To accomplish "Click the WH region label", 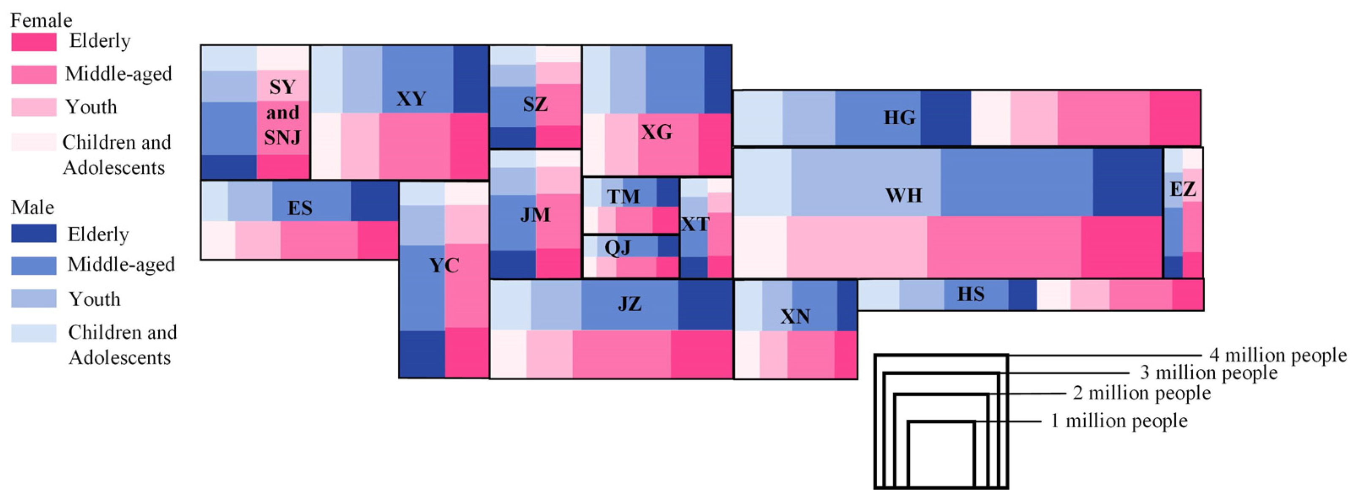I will point(903,195).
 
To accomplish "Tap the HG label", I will point(899,117).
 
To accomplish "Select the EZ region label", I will point(1183,188).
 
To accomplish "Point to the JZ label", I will point(629,304).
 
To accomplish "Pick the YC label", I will point(444,265).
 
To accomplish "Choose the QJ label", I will point(617,247).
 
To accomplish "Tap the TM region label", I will point(623,197).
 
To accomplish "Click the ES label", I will point(300,208).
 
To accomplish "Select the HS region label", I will point(970,294).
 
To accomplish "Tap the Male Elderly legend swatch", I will point(34,233).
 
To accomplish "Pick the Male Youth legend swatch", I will point(34,298).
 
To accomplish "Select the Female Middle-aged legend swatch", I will point(34,74).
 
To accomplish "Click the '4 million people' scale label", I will point(1278,355).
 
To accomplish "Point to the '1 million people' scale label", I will point(1119,421).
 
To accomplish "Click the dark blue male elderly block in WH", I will point(1127,182).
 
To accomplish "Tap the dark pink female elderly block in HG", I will point(1175,117).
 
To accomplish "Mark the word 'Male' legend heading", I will point(32,207).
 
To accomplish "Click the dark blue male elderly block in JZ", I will point(705,305).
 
